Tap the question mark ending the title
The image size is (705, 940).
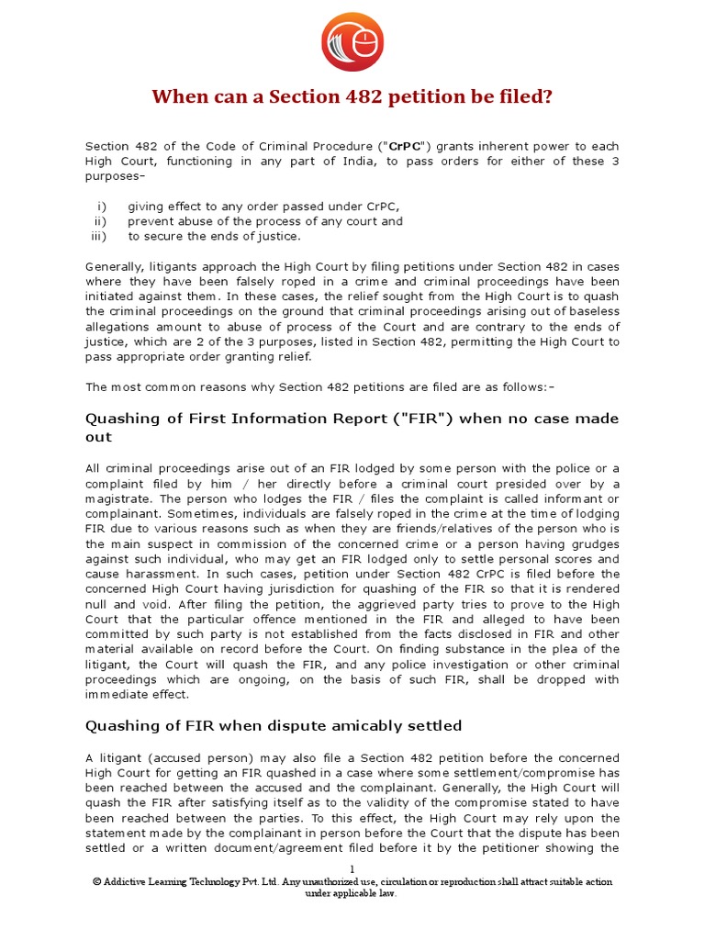(547, 97)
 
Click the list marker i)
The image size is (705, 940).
(102, 207)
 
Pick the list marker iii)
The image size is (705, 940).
(99, 236)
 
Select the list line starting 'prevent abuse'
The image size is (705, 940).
(264, 221)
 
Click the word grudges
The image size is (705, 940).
(595, 543)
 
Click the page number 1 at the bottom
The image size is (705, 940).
(352, 868)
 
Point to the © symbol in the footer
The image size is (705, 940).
(96, 882)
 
